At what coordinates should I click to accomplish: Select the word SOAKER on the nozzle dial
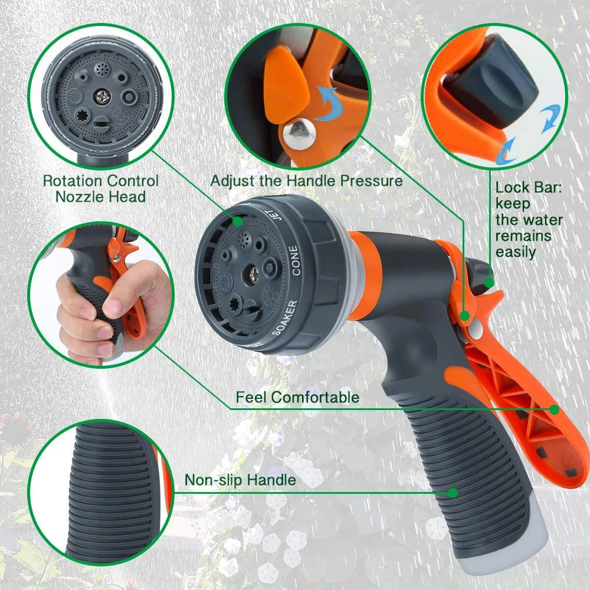click(285, 317)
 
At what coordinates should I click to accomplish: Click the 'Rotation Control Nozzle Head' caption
click(100, 188)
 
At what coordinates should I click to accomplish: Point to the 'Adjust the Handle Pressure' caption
click(306, 181)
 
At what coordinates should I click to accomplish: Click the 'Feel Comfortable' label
click(297, 397)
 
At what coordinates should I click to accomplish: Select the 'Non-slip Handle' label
click(240, 480)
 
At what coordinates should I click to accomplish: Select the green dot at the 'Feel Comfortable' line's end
click(555, 409)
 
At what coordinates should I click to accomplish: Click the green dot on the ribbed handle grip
click(453, 491)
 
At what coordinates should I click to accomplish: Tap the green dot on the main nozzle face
click(237, 221)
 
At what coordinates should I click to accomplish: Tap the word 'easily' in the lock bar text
click(515, 252)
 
